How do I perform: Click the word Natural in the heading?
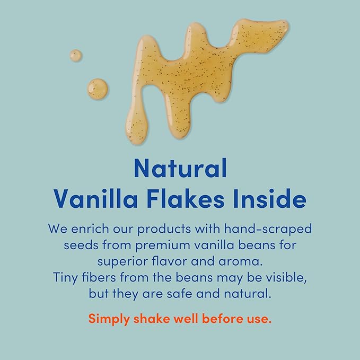[180, 169]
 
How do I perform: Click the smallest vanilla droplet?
[76, 55]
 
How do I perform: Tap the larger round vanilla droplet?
[97, 88]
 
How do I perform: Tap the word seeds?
[82, 245]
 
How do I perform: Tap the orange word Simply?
[109, 320]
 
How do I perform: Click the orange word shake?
[151, 319]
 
